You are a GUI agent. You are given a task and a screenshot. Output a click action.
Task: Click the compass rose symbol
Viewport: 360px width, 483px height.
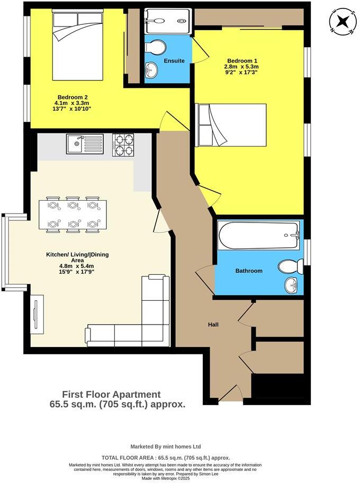[342, 21]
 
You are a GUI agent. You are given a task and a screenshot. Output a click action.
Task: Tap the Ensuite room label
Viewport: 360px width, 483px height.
[174, 61]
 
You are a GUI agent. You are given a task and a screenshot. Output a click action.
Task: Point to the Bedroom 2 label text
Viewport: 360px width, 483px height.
[73, 97]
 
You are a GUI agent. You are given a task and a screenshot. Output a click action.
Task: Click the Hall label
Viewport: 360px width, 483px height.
[213, 325]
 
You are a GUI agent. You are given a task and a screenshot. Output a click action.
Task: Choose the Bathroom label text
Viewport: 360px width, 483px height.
[249, 271]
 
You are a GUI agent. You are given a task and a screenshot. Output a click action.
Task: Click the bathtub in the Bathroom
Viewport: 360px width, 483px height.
[259, 236]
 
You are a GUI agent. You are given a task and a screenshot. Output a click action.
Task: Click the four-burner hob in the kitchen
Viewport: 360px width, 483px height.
[123, 144]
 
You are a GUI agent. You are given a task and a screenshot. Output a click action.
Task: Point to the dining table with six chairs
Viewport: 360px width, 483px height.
[73, 214]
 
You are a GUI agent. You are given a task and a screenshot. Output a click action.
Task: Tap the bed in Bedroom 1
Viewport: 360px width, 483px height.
[231, 124]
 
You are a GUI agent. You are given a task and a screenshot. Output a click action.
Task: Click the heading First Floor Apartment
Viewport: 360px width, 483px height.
[111, 394]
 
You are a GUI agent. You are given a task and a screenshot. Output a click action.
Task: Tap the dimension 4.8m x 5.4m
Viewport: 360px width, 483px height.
[77, 266]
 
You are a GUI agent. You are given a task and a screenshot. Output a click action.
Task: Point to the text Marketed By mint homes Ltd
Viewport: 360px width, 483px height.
[165, 446]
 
